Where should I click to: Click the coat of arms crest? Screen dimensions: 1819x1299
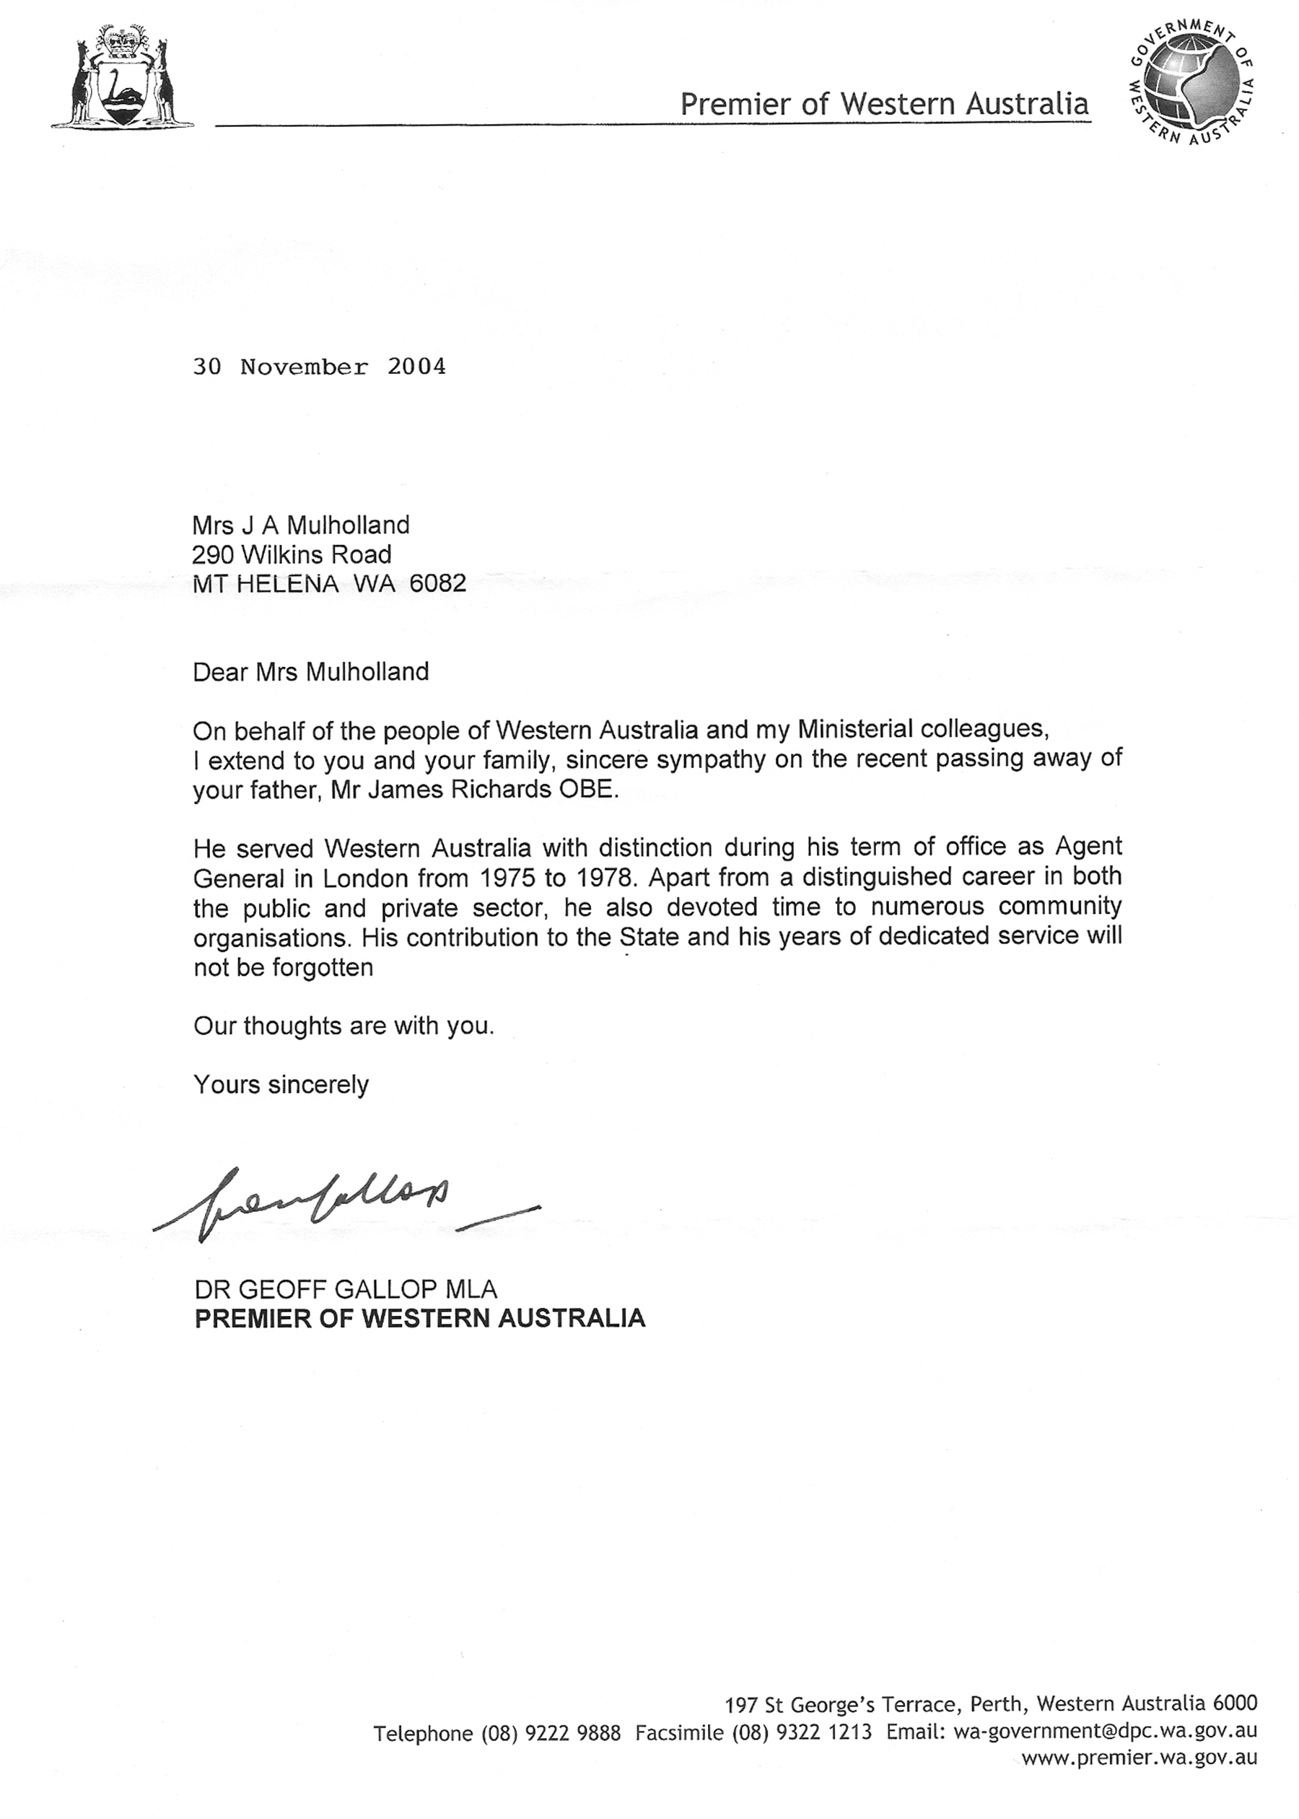click(x=123, y=75)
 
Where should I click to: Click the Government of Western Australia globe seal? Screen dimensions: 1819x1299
click(x=1191, y=82)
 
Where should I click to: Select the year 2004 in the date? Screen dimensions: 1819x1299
click(x=416, y=367)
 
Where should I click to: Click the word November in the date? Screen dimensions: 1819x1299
click(x=304, y=367)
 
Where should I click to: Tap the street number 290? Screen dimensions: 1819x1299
click(x=212, y=554)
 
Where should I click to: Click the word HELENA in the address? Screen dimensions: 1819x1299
click(x=288, y=583)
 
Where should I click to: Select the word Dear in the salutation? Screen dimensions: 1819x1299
click(x=221, y=671)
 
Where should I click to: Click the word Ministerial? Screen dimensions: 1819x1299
click(x=856, y=729)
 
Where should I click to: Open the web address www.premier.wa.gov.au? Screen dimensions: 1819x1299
click(x=1139, y=1758)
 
